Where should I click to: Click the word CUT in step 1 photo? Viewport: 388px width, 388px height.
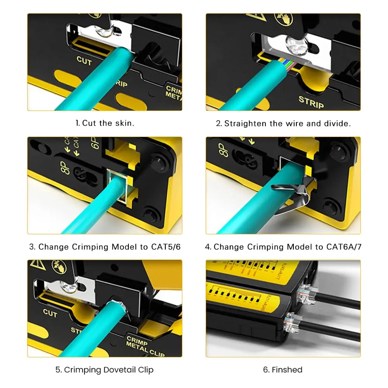(84, 61)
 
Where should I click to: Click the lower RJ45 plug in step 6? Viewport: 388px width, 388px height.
(289, 323)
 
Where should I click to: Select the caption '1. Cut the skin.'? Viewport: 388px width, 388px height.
(105, 123)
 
